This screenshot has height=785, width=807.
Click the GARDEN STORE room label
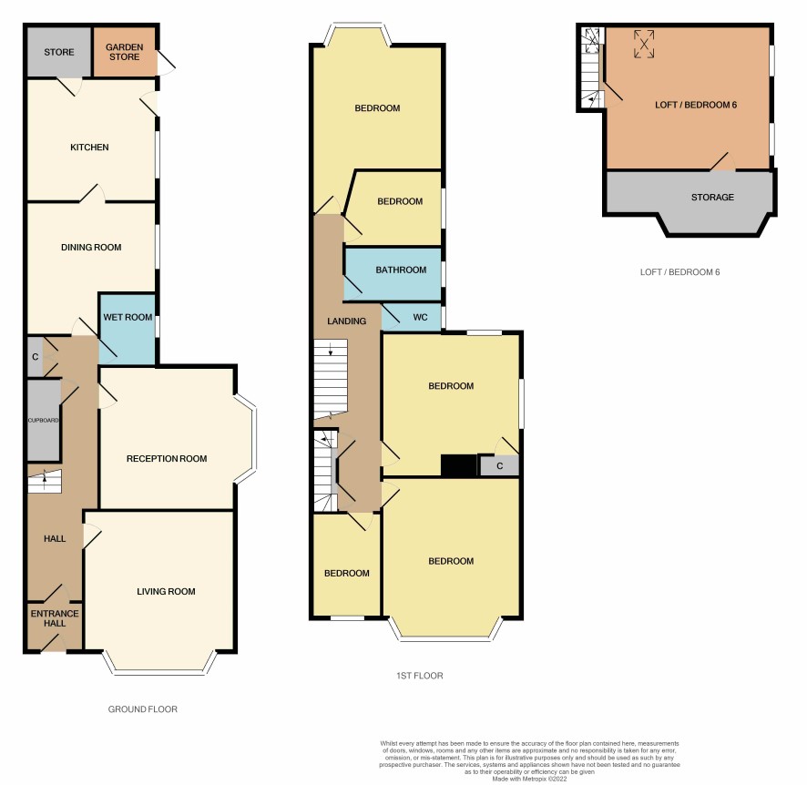click(124, 52)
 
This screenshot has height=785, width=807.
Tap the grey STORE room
click(58, 51)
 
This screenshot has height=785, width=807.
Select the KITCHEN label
click(89, 148)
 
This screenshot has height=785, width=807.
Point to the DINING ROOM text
click(91, 248)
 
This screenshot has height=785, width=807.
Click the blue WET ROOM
click(128, 330)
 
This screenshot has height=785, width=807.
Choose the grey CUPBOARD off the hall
click(44, 420)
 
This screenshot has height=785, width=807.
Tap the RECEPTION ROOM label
click(167, 458)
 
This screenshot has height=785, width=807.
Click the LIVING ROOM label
click(166, 592)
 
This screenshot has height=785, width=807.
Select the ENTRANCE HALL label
click(55, 618)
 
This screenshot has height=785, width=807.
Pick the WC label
click(420, 318)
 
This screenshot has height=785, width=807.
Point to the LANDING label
click(346, 321)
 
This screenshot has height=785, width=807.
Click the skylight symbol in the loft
click(644, 44)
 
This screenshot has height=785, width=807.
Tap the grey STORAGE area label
click(712, 197)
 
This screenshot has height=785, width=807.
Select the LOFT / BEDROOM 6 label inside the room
click(696, 105)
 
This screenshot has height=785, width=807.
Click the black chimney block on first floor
click(459, 465)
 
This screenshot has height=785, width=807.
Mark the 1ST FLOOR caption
click(420, 676)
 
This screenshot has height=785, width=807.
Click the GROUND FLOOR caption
click(143, 709)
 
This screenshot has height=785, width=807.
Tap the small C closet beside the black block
click(499, 465)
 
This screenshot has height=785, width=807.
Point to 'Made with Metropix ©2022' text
click(529, 779)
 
